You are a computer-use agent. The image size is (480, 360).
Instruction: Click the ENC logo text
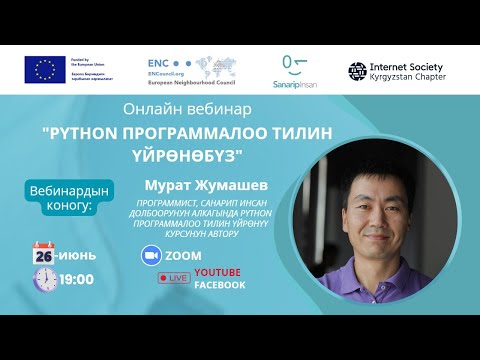[159, 60]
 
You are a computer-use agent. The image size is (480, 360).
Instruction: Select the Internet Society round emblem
[357, 69]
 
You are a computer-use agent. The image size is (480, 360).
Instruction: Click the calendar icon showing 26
[43, 253]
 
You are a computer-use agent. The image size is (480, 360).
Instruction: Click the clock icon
[44, 279]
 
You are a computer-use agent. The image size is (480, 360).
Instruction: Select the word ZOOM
[184, 255]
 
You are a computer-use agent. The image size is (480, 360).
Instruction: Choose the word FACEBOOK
[220, 285]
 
